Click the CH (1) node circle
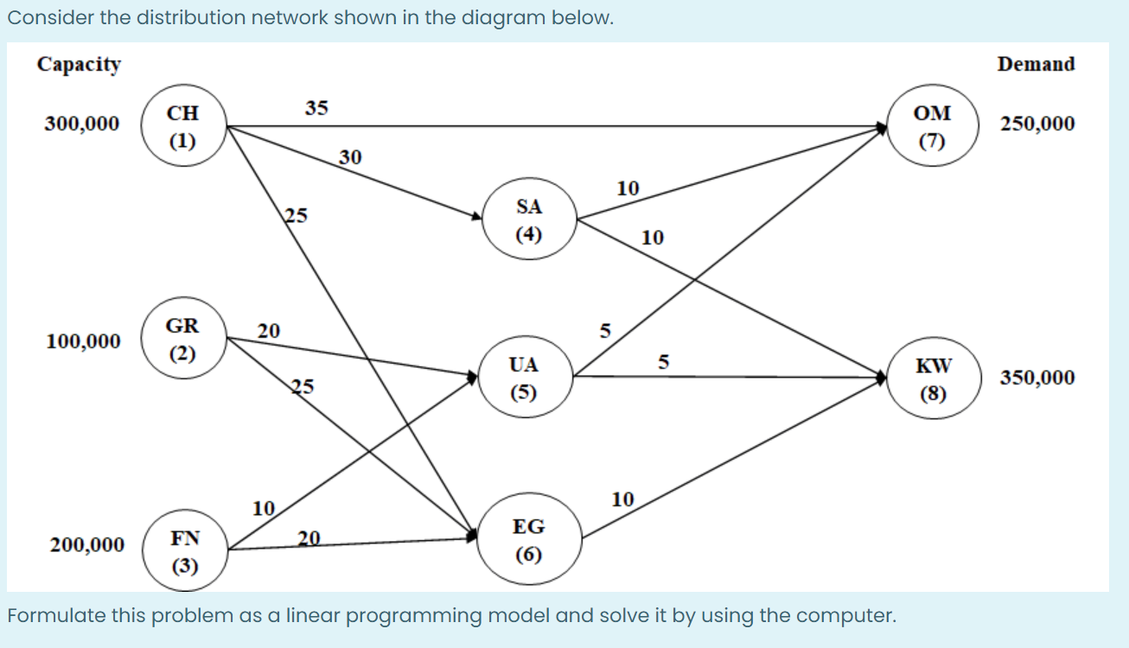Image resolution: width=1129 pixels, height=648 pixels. coord(182,126)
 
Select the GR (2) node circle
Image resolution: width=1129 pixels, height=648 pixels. coord(182,340)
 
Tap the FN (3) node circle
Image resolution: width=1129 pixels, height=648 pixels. coord(185,551)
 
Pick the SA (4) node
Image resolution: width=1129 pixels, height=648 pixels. coord(528,219)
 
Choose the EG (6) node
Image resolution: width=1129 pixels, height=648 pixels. coord(528,539)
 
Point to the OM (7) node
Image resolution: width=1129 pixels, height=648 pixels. coord(933,126)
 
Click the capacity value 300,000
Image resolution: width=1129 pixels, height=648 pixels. coord(82,124)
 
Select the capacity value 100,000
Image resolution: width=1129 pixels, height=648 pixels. coord(84,341)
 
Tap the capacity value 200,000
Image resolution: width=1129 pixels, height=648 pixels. coord(86,545)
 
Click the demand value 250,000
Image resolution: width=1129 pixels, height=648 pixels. coord(1037,124)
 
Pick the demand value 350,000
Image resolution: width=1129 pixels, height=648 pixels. coord(1037,378)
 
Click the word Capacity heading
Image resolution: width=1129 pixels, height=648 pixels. coord(79,65)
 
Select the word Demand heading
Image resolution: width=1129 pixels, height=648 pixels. coord(1036,64)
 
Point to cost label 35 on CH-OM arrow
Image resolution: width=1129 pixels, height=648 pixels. coord(316,108)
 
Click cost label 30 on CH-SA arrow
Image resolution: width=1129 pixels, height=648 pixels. coord(350,157)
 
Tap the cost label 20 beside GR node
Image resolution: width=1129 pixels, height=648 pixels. coord(268,330)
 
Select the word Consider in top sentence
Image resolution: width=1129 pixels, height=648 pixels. coord(43,19)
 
